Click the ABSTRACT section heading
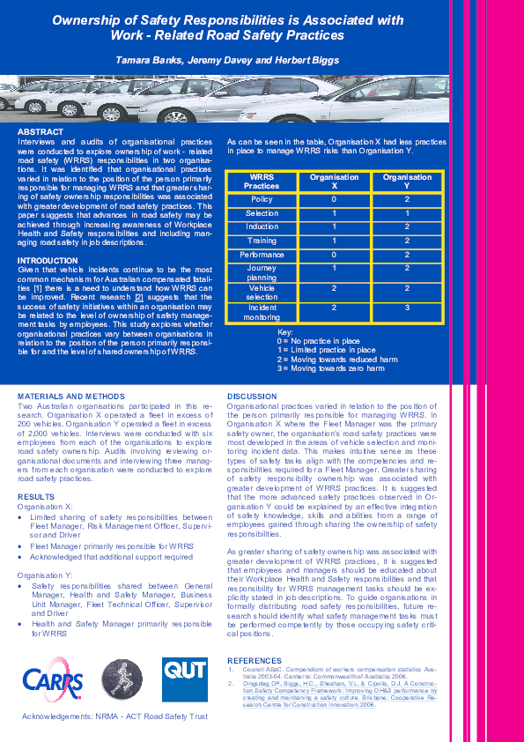[41, 131]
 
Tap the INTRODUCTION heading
[48, 261]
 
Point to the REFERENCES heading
[255, 660]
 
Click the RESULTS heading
[36, 497]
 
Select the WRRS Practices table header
[262, 182]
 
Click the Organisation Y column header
[407, 182]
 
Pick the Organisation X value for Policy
[334, 200]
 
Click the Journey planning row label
[262, 273]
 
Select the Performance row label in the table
[262, 255]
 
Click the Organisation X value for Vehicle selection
[334, 288]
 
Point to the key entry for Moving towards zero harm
[330, 368]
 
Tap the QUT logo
[185, 679]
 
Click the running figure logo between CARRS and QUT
[122, 679]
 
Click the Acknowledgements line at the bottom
[114, 716]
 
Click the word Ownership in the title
[92, 19]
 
